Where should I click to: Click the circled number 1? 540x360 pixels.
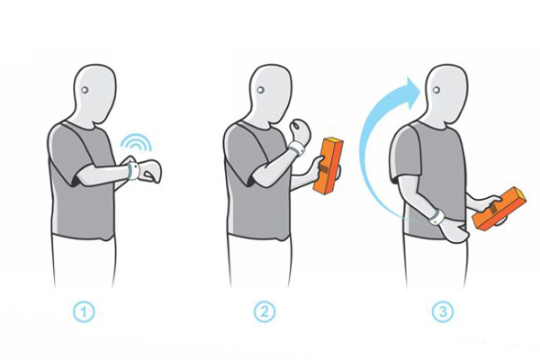pos(84,312)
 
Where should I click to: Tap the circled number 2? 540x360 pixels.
pos(265,312)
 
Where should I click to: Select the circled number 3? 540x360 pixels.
pos(443,312)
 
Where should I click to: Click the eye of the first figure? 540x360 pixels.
pos(85,90)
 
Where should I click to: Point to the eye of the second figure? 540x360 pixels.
pos(260,90)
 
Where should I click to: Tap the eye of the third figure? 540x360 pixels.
pos(436,90)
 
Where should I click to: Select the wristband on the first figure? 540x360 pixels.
pos(132,171)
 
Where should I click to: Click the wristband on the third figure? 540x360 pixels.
pos(436,217)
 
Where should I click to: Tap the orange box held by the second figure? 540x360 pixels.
pos(328,166)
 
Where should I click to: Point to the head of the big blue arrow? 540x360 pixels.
pos(411,90)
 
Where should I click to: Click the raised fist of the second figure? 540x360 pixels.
pos(300,130)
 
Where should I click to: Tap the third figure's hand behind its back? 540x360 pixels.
pos(452,229)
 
